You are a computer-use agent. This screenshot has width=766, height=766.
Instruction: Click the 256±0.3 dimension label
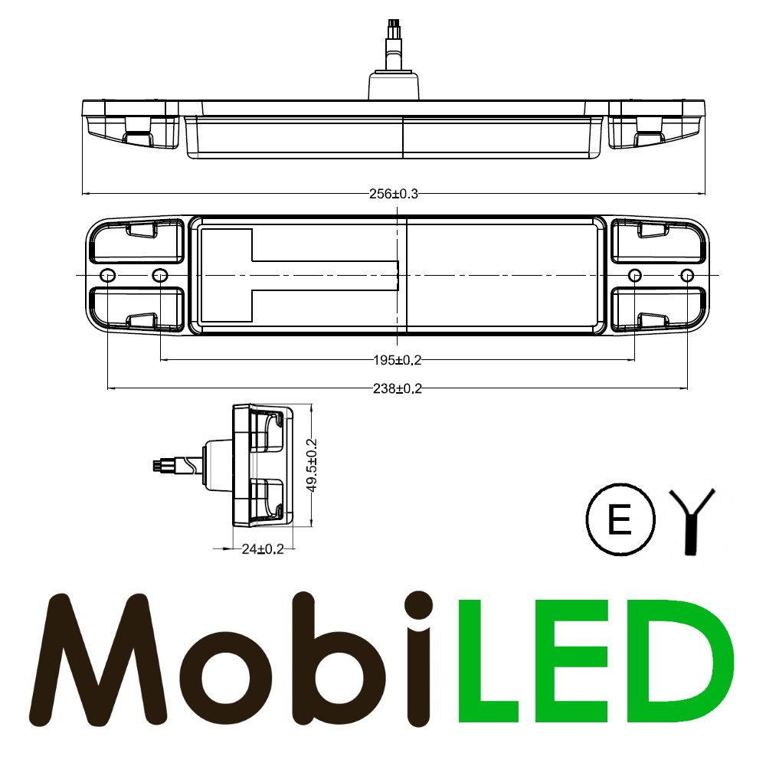394,194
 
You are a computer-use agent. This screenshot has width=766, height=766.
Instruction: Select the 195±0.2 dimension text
396,360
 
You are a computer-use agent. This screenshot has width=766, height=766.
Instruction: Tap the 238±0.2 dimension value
396,389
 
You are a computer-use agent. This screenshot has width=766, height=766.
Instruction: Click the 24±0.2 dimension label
262,548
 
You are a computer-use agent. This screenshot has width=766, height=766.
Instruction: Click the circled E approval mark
620,521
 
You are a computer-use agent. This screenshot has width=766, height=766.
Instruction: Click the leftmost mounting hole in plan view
107,275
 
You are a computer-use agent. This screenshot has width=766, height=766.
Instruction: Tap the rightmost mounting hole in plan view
687,275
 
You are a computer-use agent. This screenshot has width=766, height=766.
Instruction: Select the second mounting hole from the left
159,275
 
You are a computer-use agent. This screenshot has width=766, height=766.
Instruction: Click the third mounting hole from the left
635,275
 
